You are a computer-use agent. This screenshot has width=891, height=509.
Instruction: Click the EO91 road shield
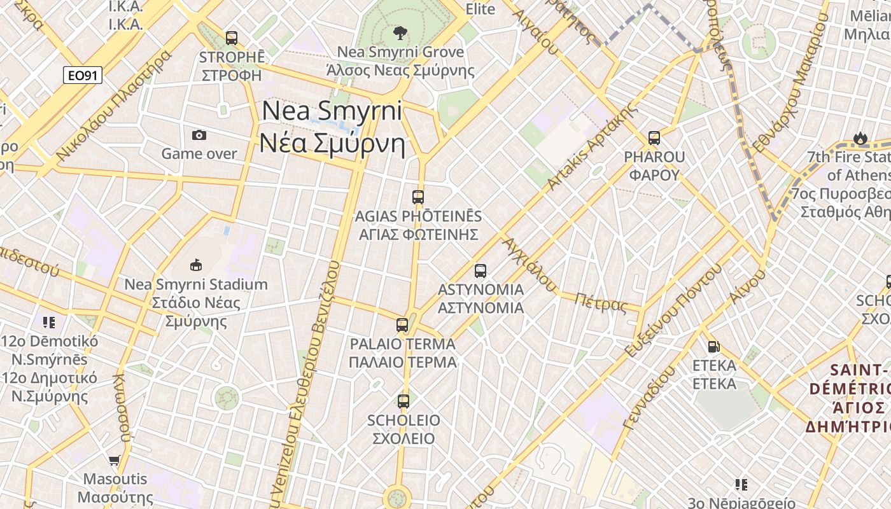click(x=83, y=76)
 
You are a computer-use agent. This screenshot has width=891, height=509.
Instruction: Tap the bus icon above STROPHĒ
click(x=232, y=38)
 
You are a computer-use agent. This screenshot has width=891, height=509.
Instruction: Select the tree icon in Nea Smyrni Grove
click(x=400, y=32)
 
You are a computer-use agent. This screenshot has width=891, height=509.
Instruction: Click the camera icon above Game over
click(x=199, y=135)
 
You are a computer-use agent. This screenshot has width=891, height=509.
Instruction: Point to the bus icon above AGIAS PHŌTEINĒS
click(x=418, y=197)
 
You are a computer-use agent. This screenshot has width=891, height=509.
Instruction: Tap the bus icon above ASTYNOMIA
click(x=481, y=271)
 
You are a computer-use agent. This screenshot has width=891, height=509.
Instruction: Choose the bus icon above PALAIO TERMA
click(x=402, y=325)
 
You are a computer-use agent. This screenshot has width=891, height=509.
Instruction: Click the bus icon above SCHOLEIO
click(x=403, y=401)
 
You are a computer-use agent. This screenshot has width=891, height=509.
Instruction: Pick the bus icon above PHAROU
click(x=654, y=138)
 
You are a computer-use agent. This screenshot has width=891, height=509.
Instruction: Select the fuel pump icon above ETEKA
click(x=714, y=347)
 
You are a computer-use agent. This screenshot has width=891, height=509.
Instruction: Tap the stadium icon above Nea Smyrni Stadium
click(x=196, y=265)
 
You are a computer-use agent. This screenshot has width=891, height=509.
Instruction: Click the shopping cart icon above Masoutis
click(x=115, y=460)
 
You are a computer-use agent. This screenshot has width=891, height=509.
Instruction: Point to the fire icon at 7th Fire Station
click(x=860, y=138)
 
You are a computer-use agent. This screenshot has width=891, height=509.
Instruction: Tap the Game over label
click(x=199, y=154)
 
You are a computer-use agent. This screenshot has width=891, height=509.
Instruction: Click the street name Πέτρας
click(x=601, y=303)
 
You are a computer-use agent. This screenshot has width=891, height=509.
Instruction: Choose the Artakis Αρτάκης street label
click(x=591, y=147)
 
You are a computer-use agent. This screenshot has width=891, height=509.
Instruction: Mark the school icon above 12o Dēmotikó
click(x=49, y=323)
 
